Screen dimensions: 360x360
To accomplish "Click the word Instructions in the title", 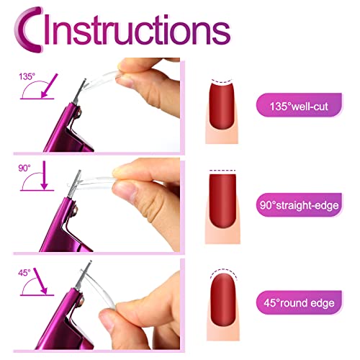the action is tap(137, 30).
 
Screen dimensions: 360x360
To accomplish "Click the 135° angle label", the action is tap(27, 76).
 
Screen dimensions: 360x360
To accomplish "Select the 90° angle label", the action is tap(24, 168).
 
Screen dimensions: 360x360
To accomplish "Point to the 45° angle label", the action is tap(24, 273).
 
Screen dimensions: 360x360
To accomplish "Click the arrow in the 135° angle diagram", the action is tap(50, 86).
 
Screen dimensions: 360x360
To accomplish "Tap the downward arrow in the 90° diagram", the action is tap(44, 176).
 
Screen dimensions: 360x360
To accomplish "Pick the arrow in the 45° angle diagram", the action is tap(40, 282).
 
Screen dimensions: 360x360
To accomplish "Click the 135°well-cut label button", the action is tap(299, 105).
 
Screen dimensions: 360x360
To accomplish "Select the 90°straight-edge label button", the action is tap(299, 205).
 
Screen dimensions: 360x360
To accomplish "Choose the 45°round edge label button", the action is tap(299, 302).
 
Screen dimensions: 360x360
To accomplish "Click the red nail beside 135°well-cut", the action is tap(222, 104).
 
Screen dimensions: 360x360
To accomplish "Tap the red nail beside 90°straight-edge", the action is tap(222, 200).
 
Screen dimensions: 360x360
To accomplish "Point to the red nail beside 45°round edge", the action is tap(223, 300).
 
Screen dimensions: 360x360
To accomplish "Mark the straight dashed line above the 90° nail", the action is tap(222, 171).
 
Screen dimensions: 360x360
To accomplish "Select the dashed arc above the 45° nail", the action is tap(223, 269).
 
